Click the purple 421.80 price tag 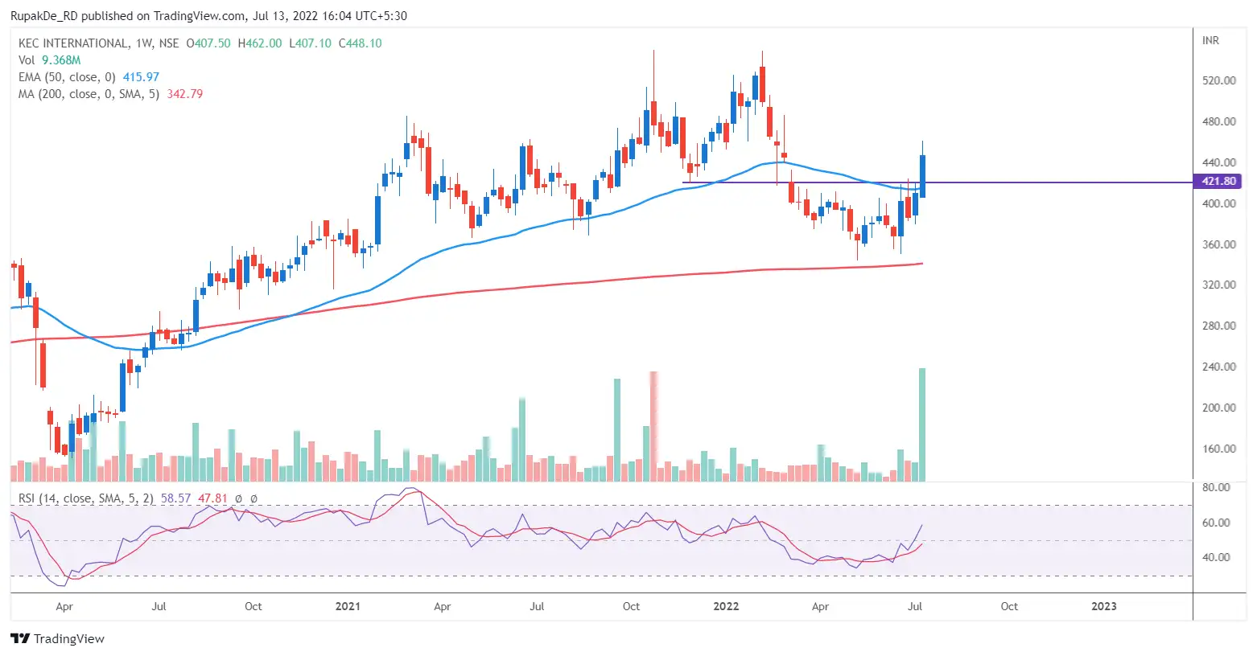pos(1218,182)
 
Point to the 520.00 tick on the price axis pos(1218,81)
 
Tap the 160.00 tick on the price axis pos(1218,449)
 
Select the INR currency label pos(1210,40)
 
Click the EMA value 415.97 pos(141,77)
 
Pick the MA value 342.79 pos(184,94)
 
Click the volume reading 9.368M pos(61,60)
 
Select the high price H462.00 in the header pos(260,43)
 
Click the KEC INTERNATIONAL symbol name pos(73,43)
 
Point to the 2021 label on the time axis pos(348,606)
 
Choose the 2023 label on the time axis pos(1103,606)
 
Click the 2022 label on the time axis pos(726,606)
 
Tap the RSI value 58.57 pos(175,498)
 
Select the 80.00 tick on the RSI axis pos(1215,487)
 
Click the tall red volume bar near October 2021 pos(653,426)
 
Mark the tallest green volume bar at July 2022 pos(922,424)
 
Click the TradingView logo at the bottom pos(58,639)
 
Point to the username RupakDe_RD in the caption pos(43,15)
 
